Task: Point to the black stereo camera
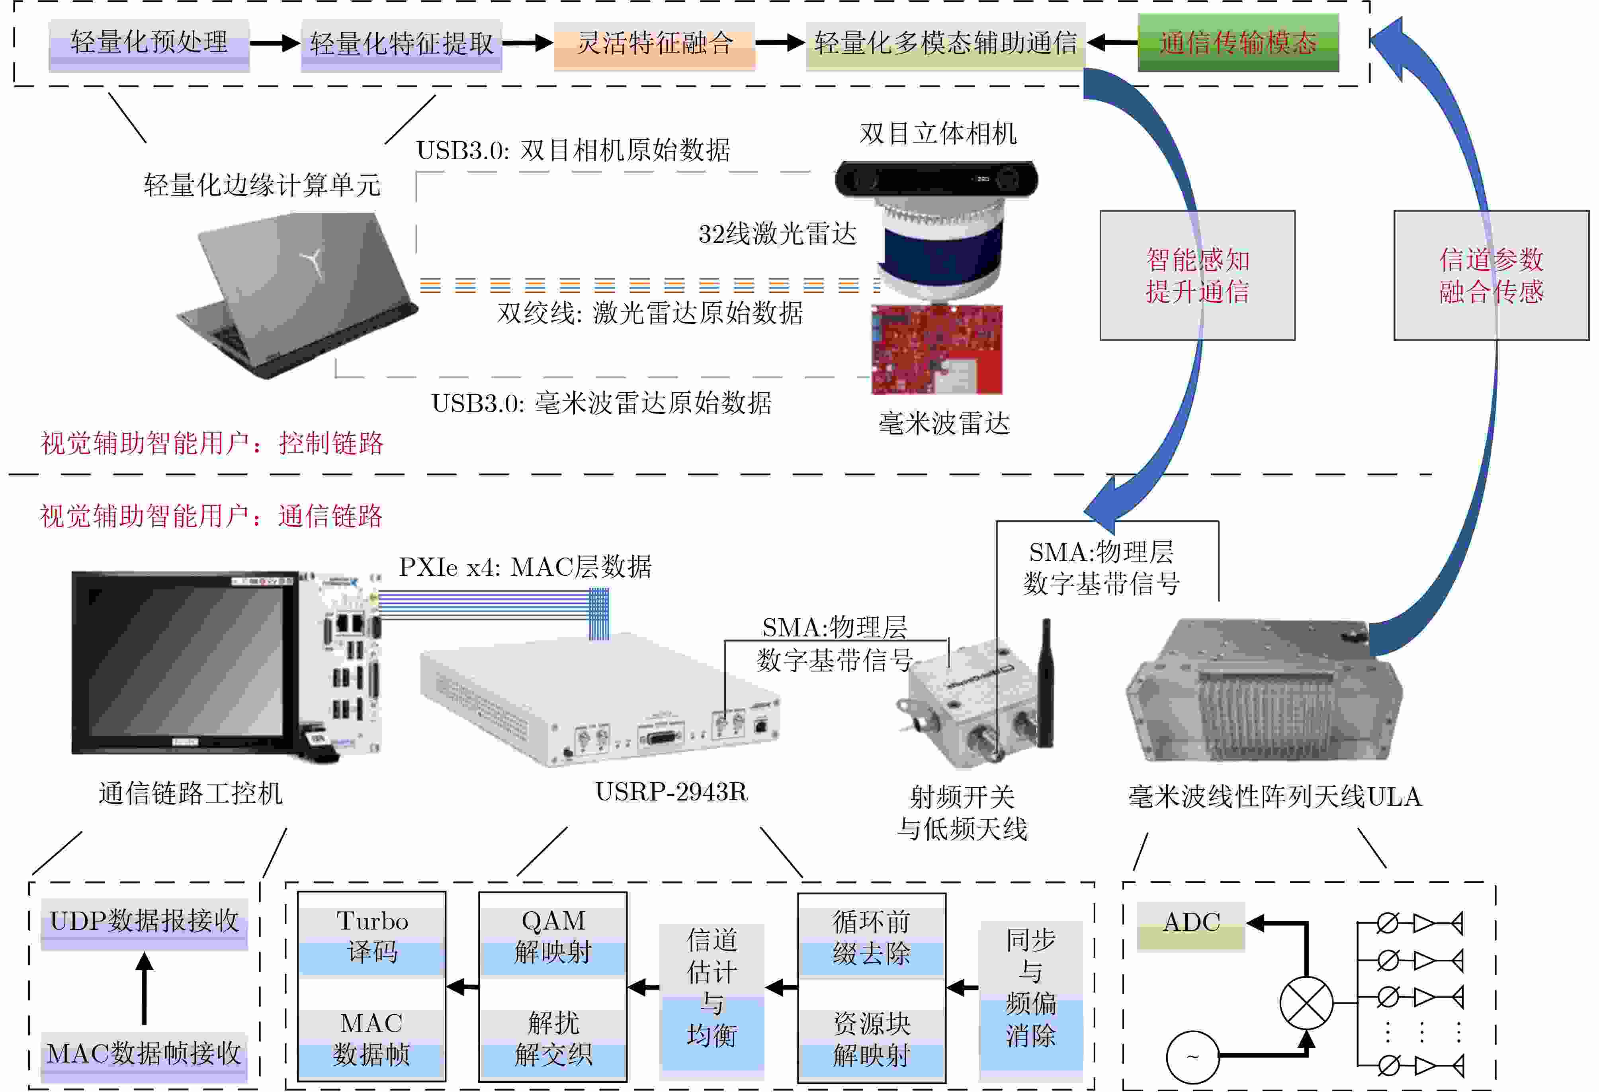936,179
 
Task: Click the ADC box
1190,924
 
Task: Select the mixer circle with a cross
1305,1002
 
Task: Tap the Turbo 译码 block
371,937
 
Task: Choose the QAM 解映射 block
553,937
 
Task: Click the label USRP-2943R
671,792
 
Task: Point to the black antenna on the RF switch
1046,681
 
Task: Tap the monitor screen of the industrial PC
186,661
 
